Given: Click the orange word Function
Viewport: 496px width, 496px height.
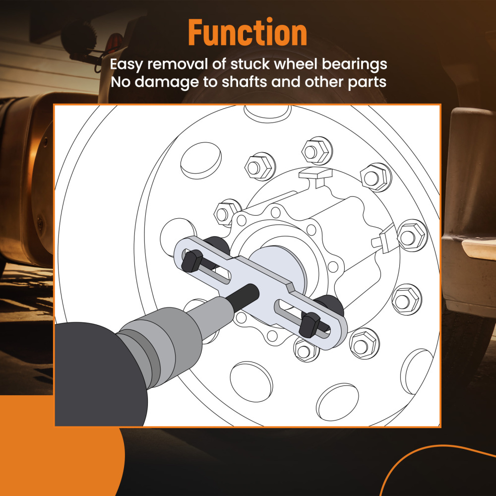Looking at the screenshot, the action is click(248, 32).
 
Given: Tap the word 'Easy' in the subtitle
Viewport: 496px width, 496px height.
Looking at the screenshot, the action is click(126, 64).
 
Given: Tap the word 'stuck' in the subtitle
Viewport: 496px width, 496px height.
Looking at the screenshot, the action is click(250, 64).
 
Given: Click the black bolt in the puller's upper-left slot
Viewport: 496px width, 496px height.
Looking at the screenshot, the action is click(192, 261).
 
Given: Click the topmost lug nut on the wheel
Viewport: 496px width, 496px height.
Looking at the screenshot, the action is click(317, 151).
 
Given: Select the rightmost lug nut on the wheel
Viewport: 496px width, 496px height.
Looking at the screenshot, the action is click(412, 236).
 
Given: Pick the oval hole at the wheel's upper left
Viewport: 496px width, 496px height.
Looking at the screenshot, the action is click(201, 160).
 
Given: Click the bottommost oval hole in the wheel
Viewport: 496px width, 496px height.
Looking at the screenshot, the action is click(337, 402).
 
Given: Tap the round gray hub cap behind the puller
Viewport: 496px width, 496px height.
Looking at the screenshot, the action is click(278, 269).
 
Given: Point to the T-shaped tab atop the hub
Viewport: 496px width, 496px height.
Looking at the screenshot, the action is click(315, 176).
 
